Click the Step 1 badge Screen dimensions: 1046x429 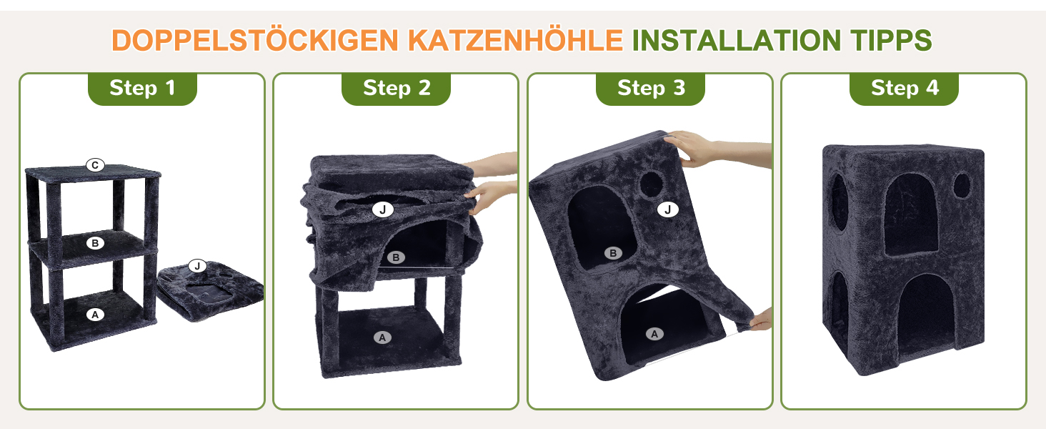coord(142,89)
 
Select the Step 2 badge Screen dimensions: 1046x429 coord(396,89)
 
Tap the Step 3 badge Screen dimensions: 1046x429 coord(650,89)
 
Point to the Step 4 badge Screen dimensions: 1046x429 coord(904,89)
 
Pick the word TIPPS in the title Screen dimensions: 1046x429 coord(891,40)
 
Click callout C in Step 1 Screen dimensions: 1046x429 coord(95,165)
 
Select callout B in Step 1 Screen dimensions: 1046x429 coord(95,243)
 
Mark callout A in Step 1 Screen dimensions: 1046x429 coord(95,315)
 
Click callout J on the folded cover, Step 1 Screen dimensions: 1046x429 coord(197,266)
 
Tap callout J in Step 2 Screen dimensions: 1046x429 coord(382,209)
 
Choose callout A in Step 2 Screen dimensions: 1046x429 coord(382,337)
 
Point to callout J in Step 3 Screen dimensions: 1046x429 coord(668,209)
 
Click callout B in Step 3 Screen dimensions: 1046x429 coord(613,253)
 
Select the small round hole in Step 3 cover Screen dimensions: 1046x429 coord(652,184)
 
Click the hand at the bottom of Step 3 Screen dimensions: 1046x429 coord(760,319)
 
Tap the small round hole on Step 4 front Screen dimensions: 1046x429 coord(962,185)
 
